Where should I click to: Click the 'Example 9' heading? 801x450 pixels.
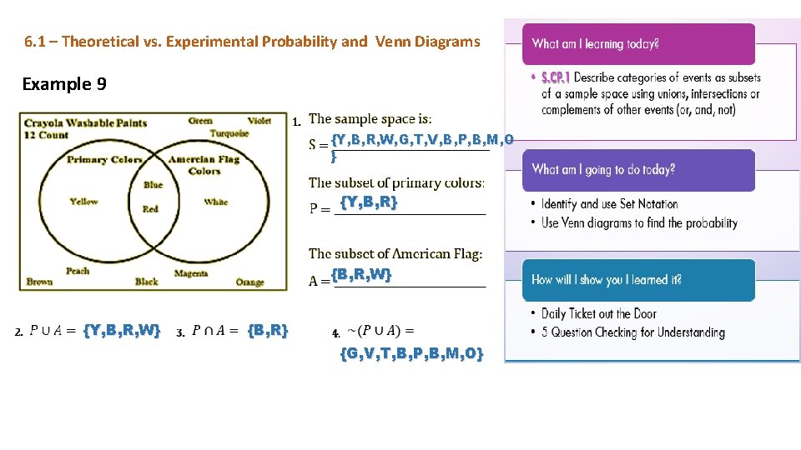point(64,84)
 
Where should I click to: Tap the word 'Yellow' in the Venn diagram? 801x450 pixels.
point(83,202)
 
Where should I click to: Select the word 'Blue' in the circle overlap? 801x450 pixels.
point(153,185)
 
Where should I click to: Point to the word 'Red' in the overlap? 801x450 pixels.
point(150,209)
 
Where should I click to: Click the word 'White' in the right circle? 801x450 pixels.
point(215,202)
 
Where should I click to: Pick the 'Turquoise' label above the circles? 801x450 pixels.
point(229,133)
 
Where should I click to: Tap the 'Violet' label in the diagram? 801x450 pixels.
point(259,121)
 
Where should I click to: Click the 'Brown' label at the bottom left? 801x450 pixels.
point(39,282)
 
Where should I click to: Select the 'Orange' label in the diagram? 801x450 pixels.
point(249,283)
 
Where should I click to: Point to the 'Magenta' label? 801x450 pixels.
point(191,273)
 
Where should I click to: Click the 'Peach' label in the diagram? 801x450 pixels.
point(78,271)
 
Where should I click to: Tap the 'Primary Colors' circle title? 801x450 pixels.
point(104,159)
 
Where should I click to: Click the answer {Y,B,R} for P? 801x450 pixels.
point(369,202)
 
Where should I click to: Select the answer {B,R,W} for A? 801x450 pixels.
point(360,274)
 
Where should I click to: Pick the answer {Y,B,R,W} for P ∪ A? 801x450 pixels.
point(122,331)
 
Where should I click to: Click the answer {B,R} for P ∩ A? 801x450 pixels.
point(268,331)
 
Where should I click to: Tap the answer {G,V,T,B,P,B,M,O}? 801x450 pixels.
point(411,353)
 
